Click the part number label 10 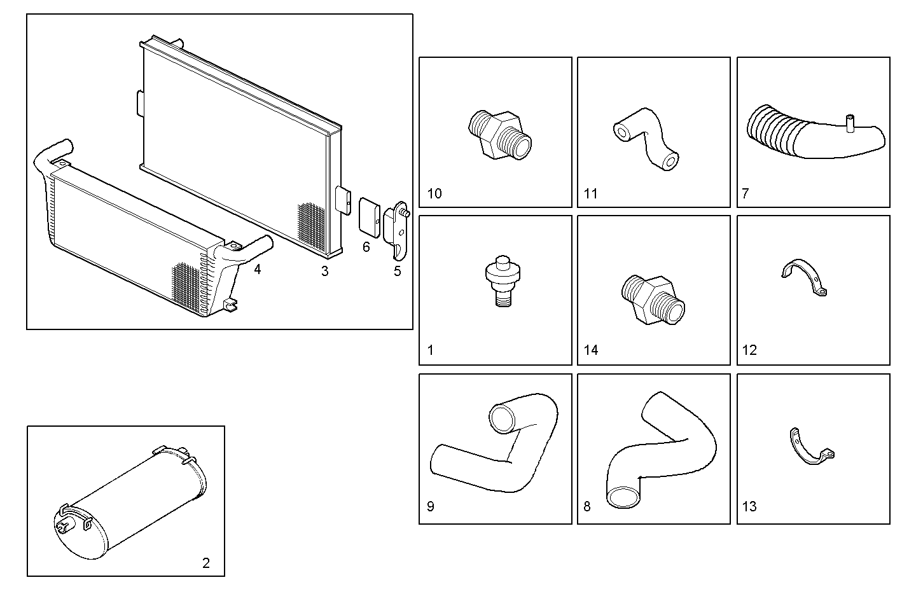tap(434, 193)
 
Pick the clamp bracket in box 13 tap(812, 447)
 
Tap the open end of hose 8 tap(623, 495)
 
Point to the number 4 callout tap(257, 270)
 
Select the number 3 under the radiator tap(325, 272)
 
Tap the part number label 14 tap(591, 350)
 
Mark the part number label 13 tap(749, 506)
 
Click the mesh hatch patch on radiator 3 tap(311, 226)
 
